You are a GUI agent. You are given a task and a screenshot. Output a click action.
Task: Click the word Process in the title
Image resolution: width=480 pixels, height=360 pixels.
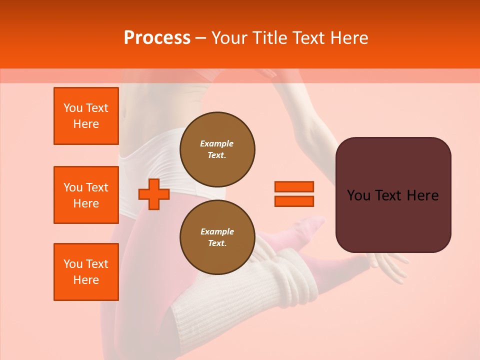[x=157, y=38]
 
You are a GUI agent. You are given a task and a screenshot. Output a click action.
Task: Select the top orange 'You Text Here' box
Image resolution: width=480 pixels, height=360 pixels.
[x=86, y=116]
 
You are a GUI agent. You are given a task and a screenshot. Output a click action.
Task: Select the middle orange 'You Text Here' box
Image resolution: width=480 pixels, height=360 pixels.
[x=86, y=195]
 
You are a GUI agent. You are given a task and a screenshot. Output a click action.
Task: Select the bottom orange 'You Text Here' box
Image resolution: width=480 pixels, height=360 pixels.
[x=86, y=272]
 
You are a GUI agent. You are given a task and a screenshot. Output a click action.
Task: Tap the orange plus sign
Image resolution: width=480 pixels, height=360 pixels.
[x=154, y=194]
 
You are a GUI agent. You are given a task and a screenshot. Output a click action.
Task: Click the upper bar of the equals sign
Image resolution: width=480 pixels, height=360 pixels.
[x=294, y=186]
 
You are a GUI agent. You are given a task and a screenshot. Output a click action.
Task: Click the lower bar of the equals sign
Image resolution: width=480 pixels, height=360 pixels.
[x=294, y=201]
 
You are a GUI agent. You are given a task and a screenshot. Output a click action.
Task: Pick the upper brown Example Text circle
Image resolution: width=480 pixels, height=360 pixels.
[x=217, y=149]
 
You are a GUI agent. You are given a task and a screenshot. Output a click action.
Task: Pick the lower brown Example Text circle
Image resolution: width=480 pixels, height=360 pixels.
[x=217, y=237]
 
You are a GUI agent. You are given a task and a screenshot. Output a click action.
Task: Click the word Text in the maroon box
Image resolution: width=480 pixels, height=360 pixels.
[x=392, y=195]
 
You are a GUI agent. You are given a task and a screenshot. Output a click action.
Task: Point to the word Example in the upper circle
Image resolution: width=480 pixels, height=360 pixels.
[x=216, y=143]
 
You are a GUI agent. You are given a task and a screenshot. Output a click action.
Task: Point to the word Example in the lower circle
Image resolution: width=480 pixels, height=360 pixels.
[x=217, y=231]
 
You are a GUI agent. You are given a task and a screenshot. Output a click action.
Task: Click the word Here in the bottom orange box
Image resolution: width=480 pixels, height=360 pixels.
[x=86, y=280]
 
